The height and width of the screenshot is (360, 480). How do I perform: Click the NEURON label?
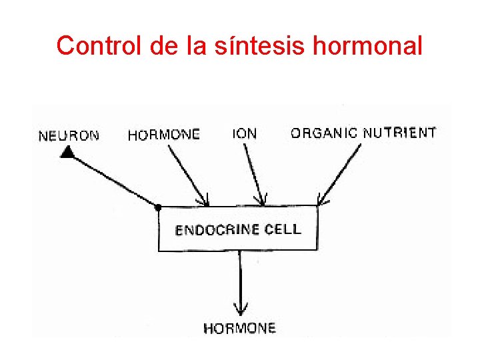coord(69,136)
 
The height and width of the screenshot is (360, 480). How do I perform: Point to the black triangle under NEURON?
coord(66,153)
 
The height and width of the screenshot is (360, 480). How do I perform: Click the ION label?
coord(245,133)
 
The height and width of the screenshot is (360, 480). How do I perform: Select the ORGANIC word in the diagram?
coord(323,133)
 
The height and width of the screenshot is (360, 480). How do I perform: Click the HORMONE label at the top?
coord(163,135)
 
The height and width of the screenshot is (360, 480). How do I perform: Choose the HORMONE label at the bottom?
coord(239,328)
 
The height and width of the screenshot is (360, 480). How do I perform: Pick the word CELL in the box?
coord(283,229)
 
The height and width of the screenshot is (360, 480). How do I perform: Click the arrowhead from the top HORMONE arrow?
coord(205,201)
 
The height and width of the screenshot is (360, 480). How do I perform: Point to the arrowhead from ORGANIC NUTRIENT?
coord(321,201)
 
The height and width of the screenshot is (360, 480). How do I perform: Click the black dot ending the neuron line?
coord(158,207)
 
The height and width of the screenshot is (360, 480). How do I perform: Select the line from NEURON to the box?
coord(113,181)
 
